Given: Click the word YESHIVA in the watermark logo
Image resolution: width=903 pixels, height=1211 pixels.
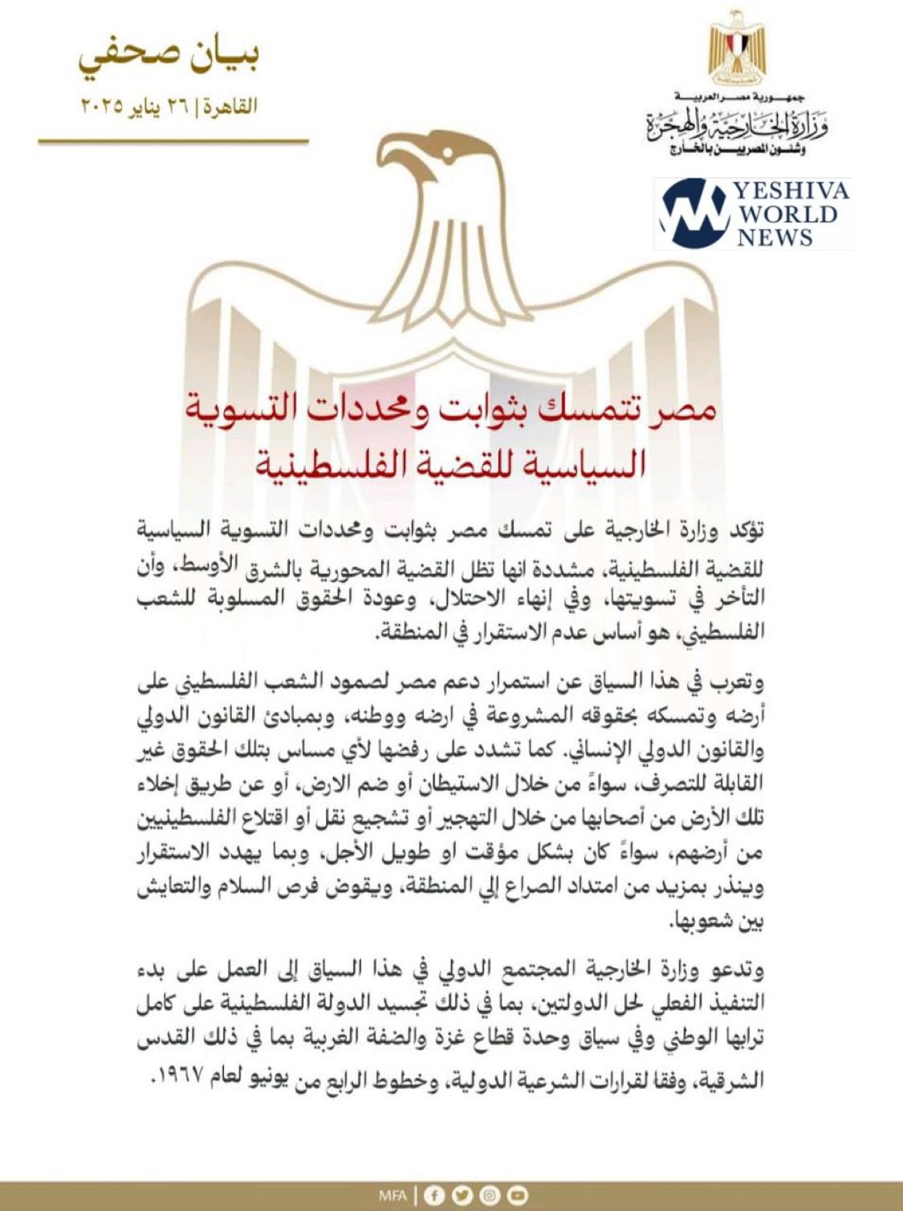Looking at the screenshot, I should tap(790, 191).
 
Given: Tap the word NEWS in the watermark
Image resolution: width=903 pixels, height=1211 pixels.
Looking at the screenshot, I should tap(775, 237).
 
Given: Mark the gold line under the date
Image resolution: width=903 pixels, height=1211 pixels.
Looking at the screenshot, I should tap(173, 141).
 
